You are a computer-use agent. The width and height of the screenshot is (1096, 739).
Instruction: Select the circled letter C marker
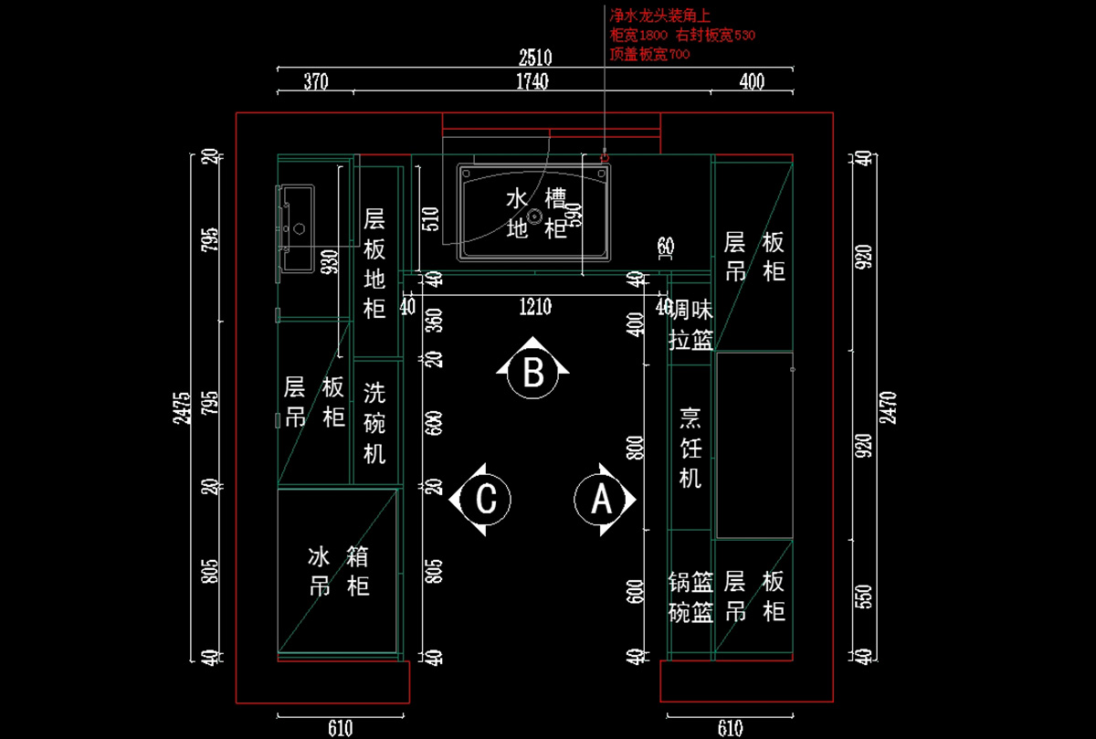click(486, 500)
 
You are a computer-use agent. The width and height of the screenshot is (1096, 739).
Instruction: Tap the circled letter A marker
click(601, 500)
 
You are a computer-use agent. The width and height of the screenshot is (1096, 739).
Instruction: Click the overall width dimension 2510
click(535, 58)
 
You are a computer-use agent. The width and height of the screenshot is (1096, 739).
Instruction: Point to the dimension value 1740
click(532, 82)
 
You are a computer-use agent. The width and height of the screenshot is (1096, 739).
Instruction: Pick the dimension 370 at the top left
click(315, 82)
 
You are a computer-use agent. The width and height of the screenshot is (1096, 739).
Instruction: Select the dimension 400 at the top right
click(751, 82)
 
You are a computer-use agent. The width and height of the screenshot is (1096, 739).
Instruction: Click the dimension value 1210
click(534, 307)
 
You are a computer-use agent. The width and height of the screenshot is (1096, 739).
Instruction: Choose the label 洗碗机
click(374, 423)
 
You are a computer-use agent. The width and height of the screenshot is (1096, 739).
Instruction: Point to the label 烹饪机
click(690, 448)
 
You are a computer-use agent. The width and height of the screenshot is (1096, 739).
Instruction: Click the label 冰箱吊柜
click(339, 571)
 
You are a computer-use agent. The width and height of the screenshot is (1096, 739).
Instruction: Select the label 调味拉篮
click(690, 324)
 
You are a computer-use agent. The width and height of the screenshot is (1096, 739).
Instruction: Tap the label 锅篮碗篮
click(690, 597)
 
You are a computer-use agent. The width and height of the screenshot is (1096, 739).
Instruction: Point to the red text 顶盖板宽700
click(649, 54)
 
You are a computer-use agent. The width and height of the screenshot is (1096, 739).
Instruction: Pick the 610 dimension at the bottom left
click(339, 728)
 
